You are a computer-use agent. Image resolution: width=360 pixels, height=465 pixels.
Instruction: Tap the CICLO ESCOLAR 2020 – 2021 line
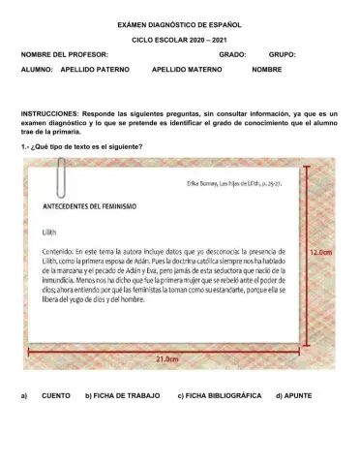(x=180, y=42)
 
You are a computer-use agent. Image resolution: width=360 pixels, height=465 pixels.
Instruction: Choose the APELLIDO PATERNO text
(x=95, y=71)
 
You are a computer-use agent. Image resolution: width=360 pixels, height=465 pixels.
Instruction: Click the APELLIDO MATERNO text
(x=187, y=71)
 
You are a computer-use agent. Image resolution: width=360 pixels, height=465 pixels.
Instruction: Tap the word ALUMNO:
(x=36, y=71)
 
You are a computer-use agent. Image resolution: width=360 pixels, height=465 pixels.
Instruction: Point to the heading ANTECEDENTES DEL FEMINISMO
(x=89, y=206)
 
